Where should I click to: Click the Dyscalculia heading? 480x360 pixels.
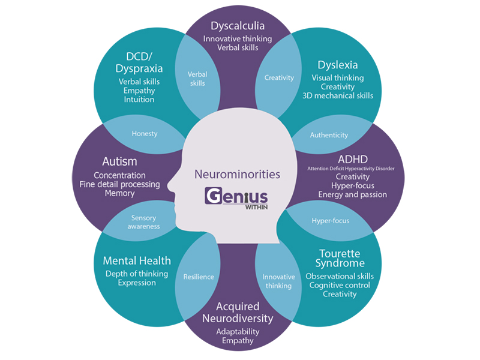tap(238, 26)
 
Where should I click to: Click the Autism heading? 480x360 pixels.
tap(119, 161)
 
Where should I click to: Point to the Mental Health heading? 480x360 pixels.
tap(137, 260)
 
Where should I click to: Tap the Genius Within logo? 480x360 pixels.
tap(236, 199)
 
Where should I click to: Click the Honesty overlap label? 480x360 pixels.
tap(145, 134)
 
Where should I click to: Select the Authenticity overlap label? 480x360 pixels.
tap(329, 135)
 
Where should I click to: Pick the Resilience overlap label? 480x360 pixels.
tap(199, 277)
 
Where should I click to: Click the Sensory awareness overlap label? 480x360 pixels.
tap(144, 222)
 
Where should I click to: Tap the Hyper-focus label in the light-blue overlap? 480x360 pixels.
tap(330, 220)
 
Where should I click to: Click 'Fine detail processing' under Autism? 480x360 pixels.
tap(119, 184)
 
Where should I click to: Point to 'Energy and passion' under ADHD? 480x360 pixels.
tap(352, 194)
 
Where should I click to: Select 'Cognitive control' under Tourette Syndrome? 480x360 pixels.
tap(340, 285)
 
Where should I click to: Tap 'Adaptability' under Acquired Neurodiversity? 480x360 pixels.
tap(236, 331)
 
